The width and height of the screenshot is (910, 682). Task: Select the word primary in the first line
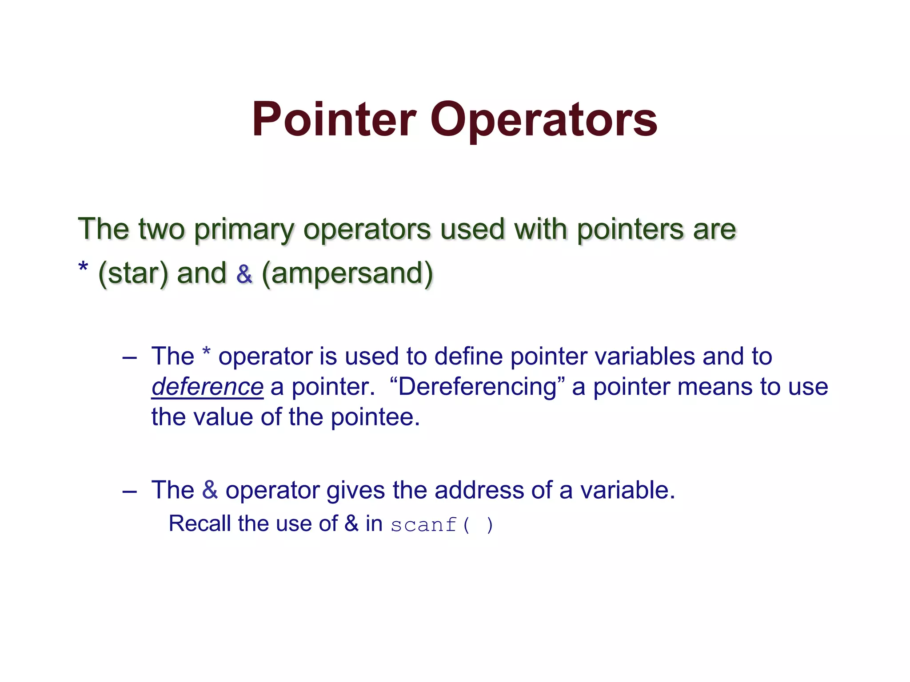click(245, 230)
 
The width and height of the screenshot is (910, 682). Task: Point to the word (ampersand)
click(347, 274)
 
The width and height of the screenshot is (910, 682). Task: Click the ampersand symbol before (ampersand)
click(244, 274)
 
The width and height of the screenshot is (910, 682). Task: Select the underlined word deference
click(208, 387)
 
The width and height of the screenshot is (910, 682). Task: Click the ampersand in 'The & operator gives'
click(210, 490)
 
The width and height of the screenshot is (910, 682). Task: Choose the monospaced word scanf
click(423, 525)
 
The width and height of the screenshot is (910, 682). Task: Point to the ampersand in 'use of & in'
click(351, 523)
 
